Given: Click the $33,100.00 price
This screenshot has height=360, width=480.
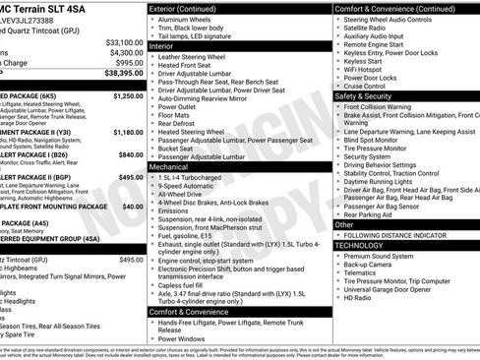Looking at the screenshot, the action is pyautogui.click(x=125, y=42).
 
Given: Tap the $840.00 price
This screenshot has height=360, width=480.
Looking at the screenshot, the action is pyautogui.click(x=131, y=154).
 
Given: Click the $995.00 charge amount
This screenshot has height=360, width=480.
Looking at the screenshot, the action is pyautogui.click(x=129, y=62).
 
